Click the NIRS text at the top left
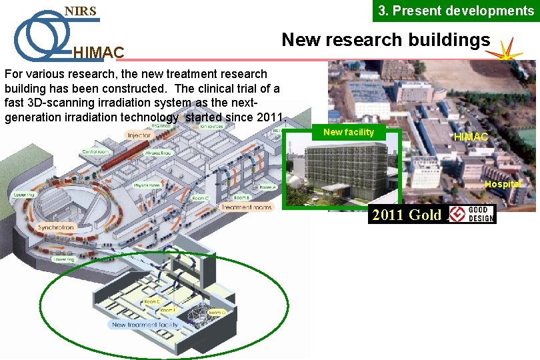pos(80,11)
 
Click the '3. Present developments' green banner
pos(456,11)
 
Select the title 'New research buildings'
pos(385,40)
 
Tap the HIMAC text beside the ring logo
pos(98,52)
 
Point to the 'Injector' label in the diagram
pos(139,136)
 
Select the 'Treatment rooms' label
pos(246,207)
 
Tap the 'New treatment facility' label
pos(145,325)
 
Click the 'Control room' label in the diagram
pos(95,152)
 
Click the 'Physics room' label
pos(146,185)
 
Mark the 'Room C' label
pos(200,198)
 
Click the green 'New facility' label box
pos(348,132)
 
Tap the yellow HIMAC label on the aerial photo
pos(471,137)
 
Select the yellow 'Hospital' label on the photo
pos(503,184)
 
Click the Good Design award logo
pos(471,214)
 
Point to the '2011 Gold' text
pos(407,215)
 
